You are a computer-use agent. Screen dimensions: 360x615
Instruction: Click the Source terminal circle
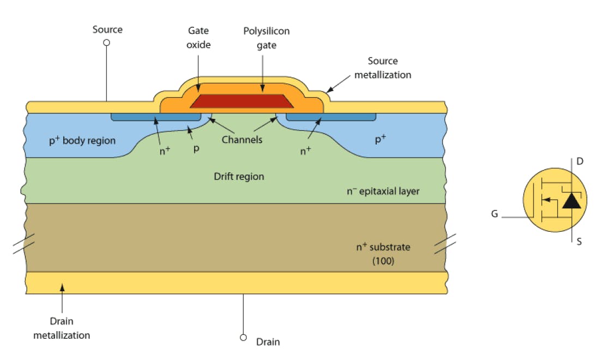(107, 43)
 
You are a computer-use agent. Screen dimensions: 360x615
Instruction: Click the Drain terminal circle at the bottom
(244, 337)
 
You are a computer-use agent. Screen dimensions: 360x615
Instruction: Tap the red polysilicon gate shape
(240, 101)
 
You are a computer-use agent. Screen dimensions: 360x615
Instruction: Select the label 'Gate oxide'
(198, 38)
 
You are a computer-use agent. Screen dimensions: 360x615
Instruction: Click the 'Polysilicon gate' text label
(266, 38)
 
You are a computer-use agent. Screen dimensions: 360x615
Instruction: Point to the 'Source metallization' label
(382, 68)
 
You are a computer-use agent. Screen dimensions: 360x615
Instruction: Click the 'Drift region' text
(239, 176)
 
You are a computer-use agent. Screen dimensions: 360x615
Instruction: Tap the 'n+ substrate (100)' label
(383, 254)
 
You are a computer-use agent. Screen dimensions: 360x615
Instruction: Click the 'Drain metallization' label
(62, 328)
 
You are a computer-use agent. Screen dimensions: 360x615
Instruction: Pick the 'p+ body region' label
(82, 141)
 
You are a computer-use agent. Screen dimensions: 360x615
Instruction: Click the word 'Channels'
(242, 140)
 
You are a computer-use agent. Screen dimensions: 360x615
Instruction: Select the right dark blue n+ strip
(331, 117)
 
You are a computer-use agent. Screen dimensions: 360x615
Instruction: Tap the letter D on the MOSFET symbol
(580, 161)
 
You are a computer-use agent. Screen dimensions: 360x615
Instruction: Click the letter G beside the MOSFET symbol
(495, 214)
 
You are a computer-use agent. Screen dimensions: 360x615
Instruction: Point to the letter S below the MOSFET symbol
(579, 241)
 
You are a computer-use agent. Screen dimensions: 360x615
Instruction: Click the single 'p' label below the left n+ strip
(196, 148)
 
